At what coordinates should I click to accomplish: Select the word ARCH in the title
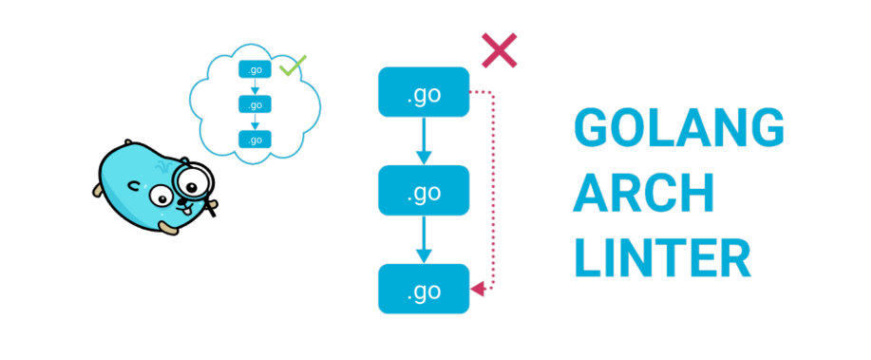(x=644, y=195)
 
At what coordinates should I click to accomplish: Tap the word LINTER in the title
(x=662, y=259)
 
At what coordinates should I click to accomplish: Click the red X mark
(x=500, y=51)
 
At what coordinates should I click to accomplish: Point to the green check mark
(x=293, y=66)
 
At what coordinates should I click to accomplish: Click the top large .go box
(x=424, y=92)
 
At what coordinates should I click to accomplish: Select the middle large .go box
(x=424, y=191)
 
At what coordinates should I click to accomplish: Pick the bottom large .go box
(x=424, y=289)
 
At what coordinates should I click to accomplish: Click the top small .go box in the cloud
(x=254, y=69)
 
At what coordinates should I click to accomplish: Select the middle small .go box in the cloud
(x=254, y=104)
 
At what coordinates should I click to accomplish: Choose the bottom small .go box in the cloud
(x=254, y=140)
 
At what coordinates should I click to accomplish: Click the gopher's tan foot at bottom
(x=168, y=228)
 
